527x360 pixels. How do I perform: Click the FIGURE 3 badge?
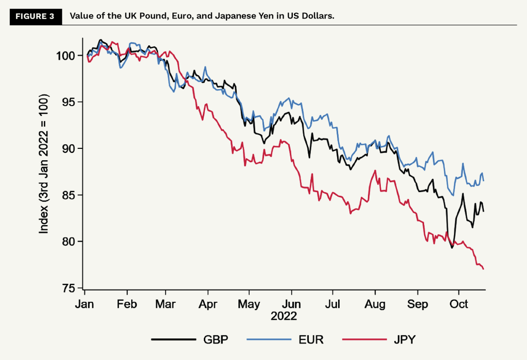click(35, 15)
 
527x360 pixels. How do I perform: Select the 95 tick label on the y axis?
click(71, 102)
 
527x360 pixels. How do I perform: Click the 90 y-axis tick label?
click(71, 148)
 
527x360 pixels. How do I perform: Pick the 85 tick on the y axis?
click(71, 195)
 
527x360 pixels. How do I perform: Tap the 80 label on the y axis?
click(71, 242)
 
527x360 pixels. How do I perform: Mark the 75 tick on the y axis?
click(71, 288)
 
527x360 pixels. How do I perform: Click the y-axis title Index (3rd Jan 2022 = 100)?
click(44, 164)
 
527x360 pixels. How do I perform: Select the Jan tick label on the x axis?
click(84, 304)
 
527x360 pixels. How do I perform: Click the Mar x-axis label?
click(166, 304)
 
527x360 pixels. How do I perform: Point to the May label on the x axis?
click(250, 304)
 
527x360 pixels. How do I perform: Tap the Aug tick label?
click(375, 304)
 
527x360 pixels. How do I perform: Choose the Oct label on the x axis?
click(459, 304)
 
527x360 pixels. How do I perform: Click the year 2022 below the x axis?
click(284, 316)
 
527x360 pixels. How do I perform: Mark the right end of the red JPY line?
click(484, 269)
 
